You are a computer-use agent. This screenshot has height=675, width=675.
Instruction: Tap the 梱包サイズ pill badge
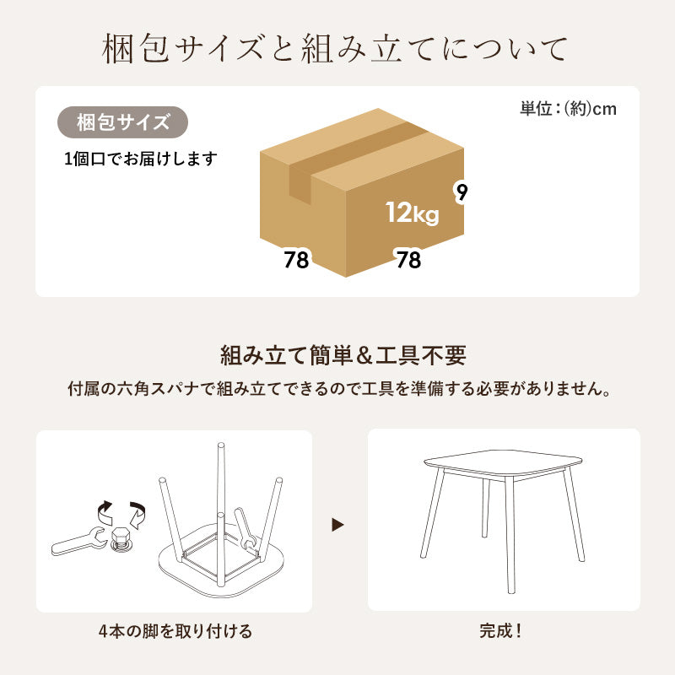[x=122, y=122]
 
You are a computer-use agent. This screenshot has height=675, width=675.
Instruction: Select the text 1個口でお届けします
[x=140, y=159]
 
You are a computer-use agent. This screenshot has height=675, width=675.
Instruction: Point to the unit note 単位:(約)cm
[x=568, y=109]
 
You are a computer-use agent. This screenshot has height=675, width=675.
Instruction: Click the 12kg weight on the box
[x=412, y=213]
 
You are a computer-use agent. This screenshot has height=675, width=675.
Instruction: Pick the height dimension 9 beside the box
[x=461, y=192]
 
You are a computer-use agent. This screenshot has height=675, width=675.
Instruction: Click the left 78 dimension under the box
[x=296, y=260]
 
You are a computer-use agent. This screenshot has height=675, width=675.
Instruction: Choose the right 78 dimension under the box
[x=408, y=260]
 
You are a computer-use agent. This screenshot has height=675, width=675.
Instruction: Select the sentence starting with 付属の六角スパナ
[x=338, y=390]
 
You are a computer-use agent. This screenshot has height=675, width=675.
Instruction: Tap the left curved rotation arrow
[x=102, y=510]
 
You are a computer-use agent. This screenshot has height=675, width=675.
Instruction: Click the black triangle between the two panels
[x=338, y=525]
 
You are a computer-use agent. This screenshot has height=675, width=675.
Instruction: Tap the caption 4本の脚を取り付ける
[x=174, y=630]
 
